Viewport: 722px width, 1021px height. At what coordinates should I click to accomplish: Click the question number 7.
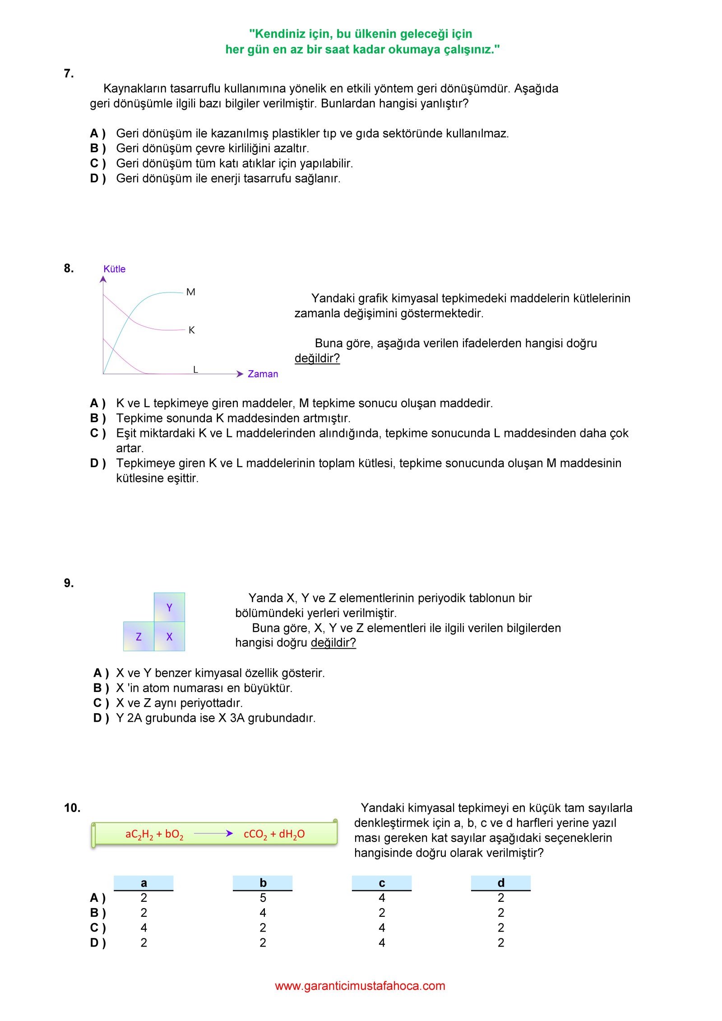point(69,74)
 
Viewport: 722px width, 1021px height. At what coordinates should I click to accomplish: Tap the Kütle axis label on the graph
point(114,269)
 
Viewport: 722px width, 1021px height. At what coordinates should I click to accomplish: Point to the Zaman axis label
point(263,374)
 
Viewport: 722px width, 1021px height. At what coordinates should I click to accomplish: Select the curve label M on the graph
point(191,292)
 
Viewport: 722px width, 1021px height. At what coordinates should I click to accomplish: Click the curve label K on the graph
point(192,330)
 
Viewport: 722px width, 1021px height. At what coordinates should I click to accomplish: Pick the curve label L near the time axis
point(195,370)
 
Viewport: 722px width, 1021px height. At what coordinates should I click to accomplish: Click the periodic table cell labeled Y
point(169,608)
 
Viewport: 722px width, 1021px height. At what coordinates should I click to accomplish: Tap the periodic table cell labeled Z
point(139,637)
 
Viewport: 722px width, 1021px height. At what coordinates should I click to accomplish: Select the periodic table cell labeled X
point(169,637)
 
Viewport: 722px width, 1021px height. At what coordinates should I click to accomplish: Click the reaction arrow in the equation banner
point(213,834)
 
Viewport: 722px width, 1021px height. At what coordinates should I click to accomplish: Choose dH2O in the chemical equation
point(292,834)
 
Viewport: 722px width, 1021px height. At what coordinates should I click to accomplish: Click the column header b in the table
point(263,883)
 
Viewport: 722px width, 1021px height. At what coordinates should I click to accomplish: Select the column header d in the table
point(501,883)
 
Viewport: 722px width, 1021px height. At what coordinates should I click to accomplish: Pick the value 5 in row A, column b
point(263,898)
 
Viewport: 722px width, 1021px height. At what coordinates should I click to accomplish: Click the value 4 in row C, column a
point(143,928)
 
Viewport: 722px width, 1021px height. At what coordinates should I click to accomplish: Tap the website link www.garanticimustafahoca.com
point(360,986)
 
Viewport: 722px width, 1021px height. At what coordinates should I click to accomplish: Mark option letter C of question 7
point(97,163)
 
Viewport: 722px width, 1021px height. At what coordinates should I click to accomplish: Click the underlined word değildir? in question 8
point(317,358)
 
